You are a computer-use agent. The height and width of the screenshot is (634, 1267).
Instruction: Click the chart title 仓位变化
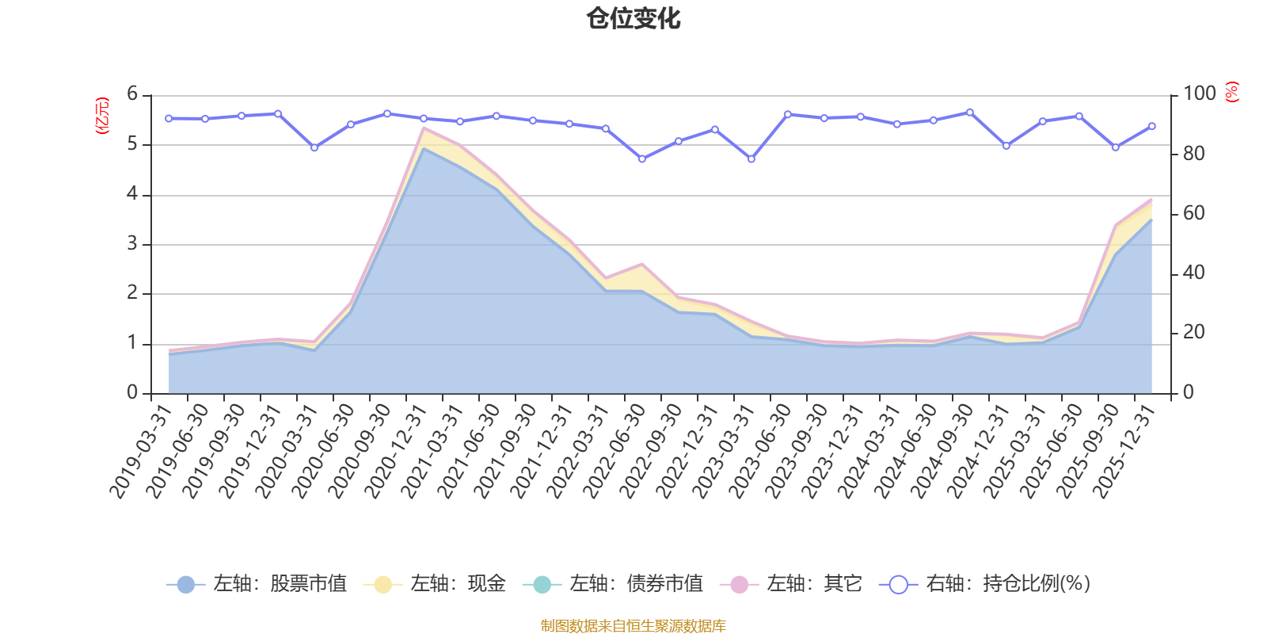(633, 19)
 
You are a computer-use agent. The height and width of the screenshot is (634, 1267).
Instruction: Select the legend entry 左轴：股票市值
(257, 583)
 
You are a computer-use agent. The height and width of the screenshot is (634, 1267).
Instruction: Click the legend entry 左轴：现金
(435, 583)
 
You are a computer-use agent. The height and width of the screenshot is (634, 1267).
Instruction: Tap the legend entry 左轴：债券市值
(613, 583)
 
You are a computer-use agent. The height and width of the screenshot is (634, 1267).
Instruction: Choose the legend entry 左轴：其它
(791, 583)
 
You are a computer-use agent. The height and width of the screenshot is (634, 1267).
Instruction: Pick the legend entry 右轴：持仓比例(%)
(985, 583)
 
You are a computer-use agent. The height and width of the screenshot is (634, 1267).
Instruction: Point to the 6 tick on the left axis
(132, 94)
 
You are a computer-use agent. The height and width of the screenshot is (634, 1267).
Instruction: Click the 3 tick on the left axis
(132, 243)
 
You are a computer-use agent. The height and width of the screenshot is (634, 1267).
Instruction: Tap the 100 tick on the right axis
(1200, 94)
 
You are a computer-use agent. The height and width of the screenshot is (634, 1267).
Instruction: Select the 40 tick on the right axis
(1194, 273)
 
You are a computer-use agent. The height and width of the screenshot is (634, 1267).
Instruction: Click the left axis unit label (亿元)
(102, 116)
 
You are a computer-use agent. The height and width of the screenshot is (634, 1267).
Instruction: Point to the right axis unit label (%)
(1232, 92)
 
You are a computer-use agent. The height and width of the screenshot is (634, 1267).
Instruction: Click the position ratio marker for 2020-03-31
(314, 147)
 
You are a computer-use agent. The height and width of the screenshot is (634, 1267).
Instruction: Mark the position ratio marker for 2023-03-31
(751, 159)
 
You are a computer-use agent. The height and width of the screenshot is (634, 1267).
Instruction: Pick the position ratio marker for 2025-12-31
(1152, 126)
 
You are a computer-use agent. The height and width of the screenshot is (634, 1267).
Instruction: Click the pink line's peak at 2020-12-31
(424, 128)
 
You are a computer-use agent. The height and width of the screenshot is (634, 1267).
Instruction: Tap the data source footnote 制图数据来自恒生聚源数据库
(633, 625)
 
